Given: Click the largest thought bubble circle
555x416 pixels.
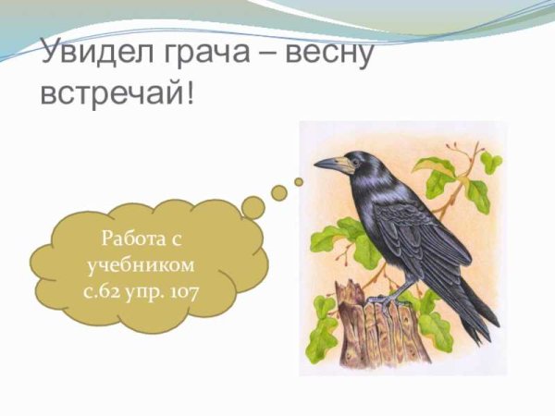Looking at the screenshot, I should coord(253,207).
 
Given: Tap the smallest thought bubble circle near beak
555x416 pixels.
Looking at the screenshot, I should coord(299,181).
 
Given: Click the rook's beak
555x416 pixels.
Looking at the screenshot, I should coord(328,165).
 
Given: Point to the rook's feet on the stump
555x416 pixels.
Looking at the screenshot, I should coord(384,298).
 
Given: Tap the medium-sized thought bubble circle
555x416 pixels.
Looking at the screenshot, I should coord(278,192).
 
